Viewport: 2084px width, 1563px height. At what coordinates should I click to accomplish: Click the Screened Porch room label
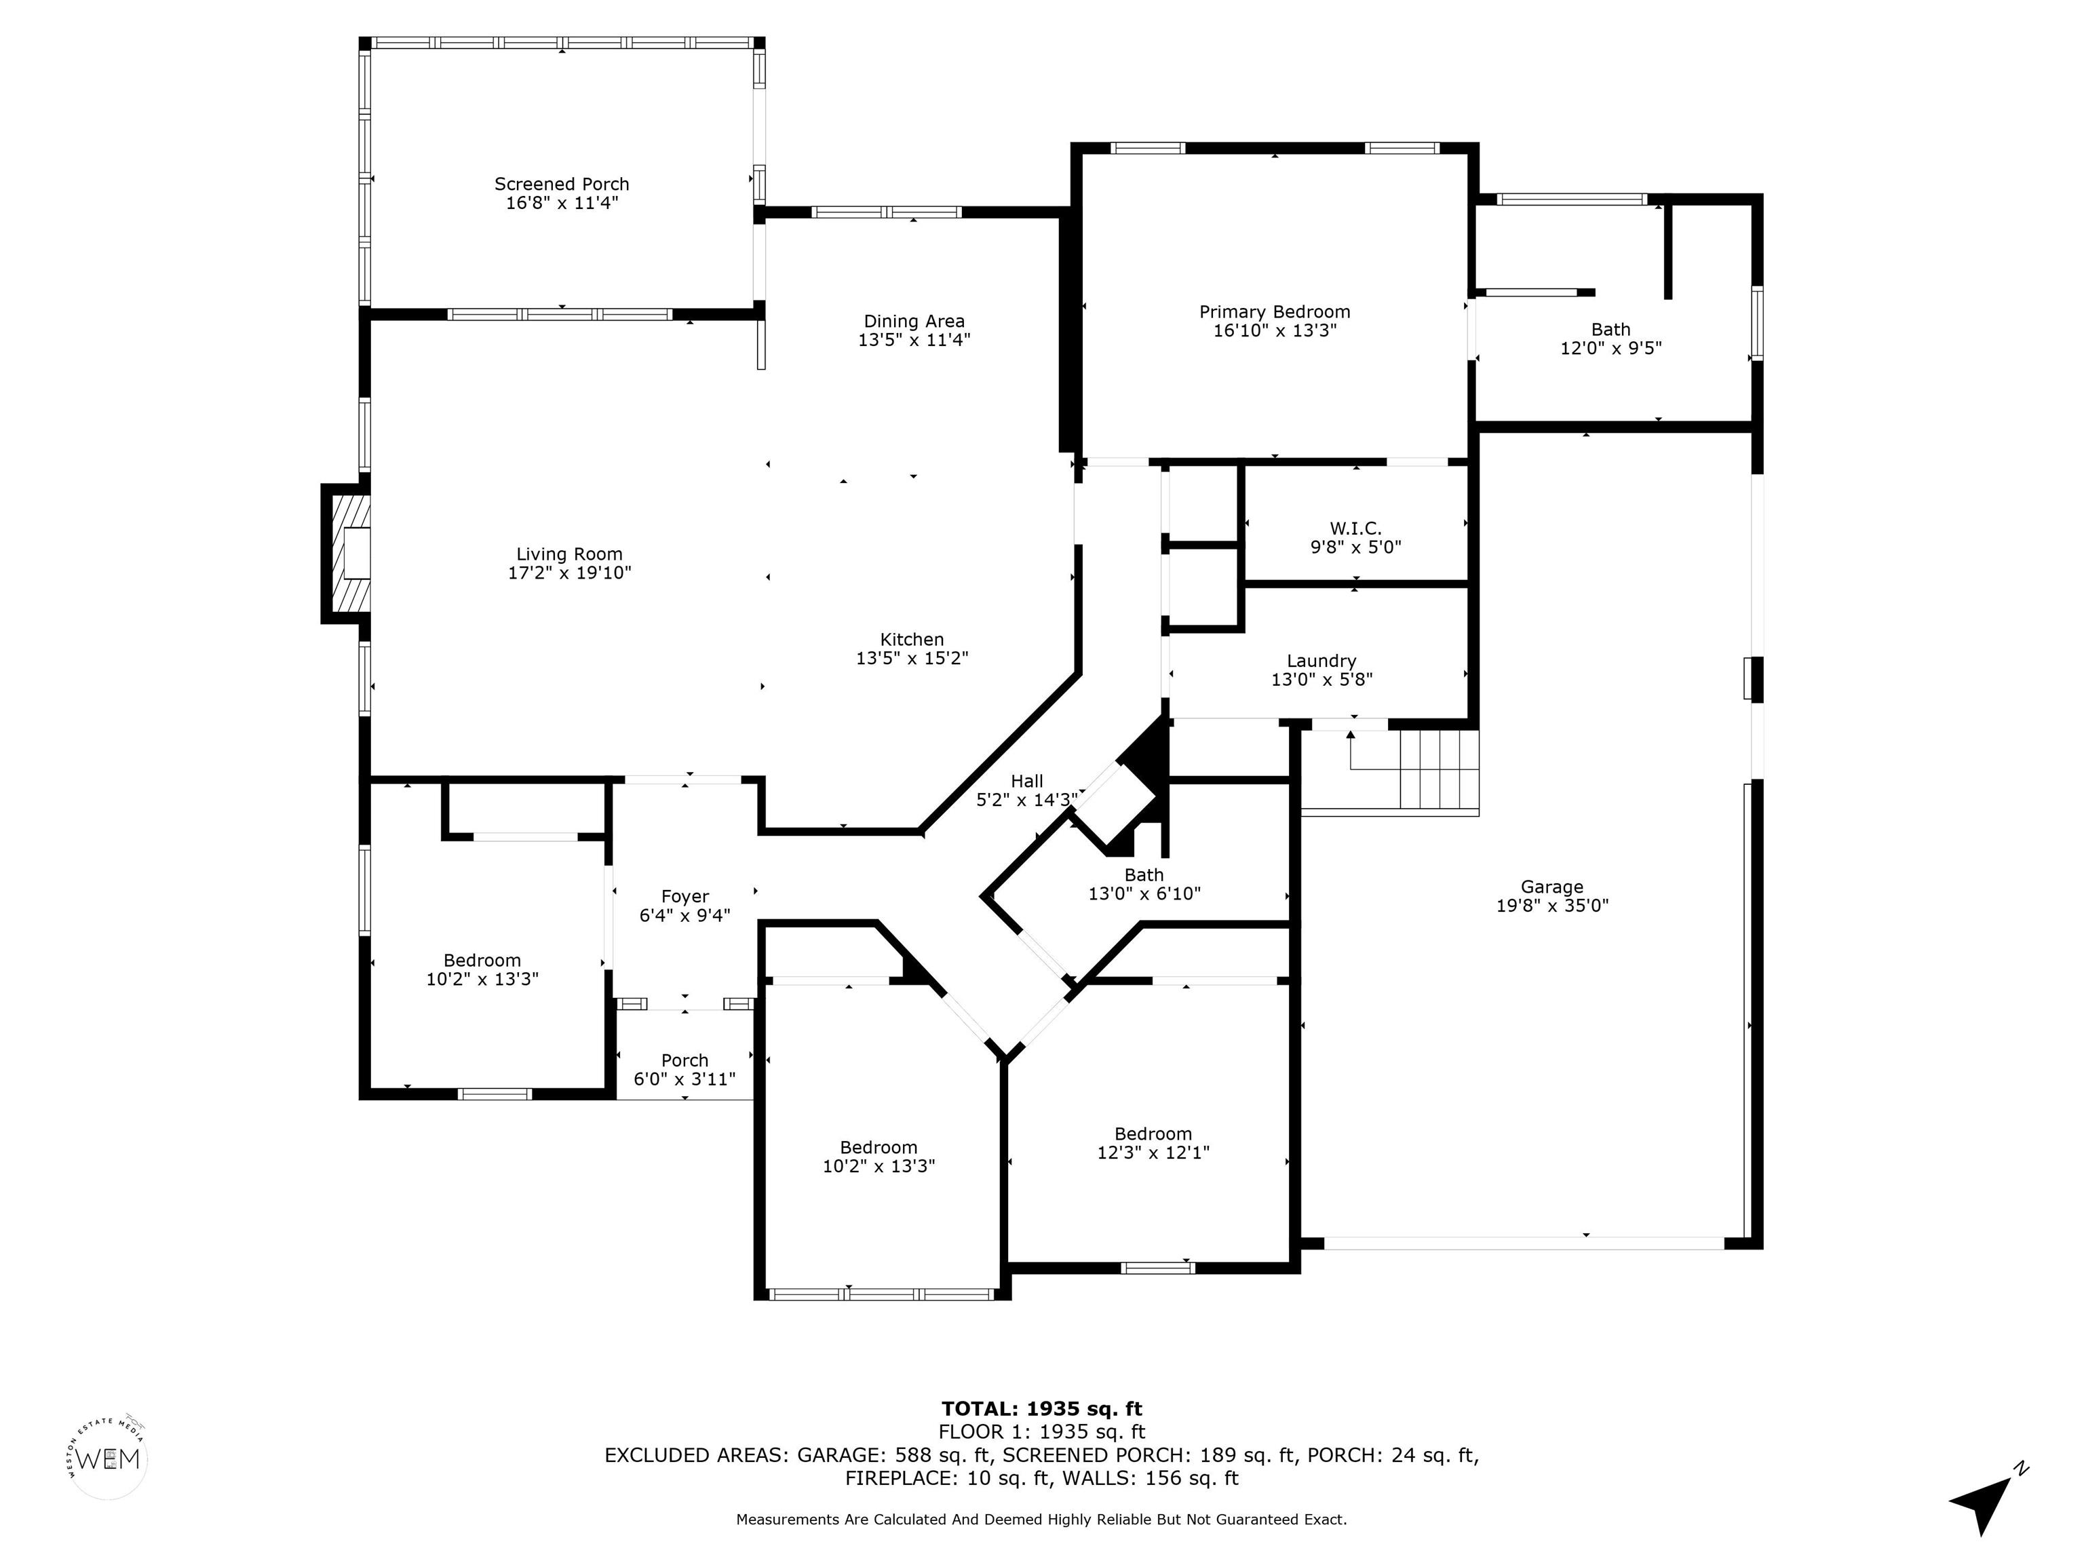coord(562,184)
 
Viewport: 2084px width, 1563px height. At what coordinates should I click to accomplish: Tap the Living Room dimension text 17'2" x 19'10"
coord(569,573)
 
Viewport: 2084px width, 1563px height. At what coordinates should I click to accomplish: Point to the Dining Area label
coord(914,322)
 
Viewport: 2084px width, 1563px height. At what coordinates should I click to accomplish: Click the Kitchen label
coord(912,640)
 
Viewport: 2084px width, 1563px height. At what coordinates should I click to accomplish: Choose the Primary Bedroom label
coord(1275,312)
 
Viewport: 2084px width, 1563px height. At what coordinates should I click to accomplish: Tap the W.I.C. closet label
coord(1355,528)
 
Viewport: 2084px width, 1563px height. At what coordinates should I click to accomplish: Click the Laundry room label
coord(1321,661)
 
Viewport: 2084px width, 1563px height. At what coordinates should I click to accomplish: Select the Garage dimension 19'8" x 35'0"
coord(1551,906)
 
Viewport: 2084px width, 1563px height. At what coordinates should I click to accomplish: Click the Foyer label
coord(685,897)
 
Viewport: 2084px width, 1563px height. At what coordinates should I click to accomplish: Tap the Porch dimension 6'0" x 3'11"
coord(685,1079)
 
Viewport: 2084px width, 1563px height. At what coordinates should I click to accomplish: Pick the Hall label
coord(1027,781)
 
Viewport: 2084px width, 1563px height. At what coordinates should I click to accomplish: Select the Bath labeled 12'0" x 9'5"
coord(1611,339)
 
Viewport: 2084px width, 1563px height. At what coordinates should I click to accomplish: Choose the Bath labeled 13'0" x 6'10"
coord(1144,885)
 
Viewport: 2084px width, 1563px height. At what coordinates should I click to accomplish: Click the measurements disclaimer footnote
coord(1041,1520)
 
